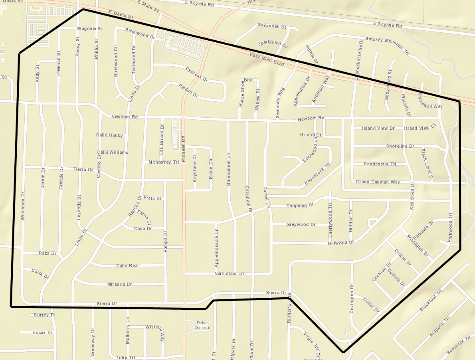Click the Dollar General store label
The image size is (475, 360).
point(203,325)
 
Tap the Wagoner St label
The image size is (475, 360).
point(90,29)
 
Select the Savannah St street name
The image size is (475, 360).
point(272,26)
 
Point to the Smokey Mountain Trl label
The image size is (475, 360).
point(387,45)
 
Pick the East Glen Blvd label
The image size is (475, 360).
point(267,59)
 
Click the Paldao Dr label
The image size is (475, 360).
point(188,91)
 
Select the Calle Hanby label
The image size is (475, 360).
point(109,135)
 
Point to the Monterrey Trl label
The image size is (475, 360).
point(164,162)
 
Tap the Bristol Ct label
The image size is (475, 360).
point(311,135)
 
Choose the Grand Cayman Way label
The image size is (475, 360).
point(378,182)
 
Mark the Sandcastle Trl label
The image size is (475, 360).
point(380,164)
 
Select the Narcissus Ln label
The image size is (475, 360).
point(229,273)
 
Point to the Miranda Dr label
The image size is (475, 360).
point(119,284)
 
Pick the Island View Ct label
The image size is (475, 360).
point(420,128)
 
